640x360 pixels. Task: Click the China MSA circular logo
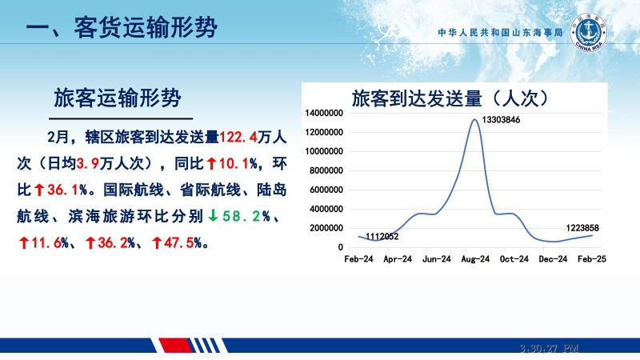(x=588, y=33)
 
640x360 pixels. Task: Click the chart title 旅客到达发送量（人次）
(x=450, y=98)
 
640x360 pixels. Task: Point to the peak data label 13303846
(x=501, y=119)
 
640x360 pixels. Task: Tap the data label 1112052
(x=382, y=236)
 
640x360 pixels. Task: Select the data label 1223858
(x=582, y=228)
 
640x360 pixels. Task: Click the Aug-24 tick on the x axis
(x=475, y=259)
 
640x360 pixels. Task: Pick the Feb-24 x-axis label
(x=358, y=259)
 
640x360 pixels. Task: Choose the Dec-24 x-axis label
(x=553, y=259)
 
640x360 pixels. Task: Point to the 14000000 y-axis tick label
(x=324, y=113)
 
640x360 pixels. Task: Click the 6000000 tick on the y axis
(x=326, y=190)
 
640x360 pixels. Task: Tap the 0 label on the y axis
(x=341, y=247)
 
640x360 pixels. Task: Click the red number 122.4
(x=238, y=137)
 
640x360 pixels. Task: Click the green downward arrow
(x=213, y=215)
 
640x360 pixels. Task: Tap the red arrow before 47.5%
(x=157, y=243)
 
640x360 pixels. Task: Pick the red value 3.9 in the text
(x=88, y=164)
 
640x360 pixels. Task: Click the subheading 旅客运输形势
(x=117, y=98)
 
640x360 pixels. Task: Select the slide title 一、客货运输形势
(x=122, y=28)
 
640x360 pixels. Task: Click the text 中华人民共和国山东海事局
(x=501, y=33)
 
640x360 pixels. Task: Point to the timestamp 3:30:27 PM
(x=550, y=348)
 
